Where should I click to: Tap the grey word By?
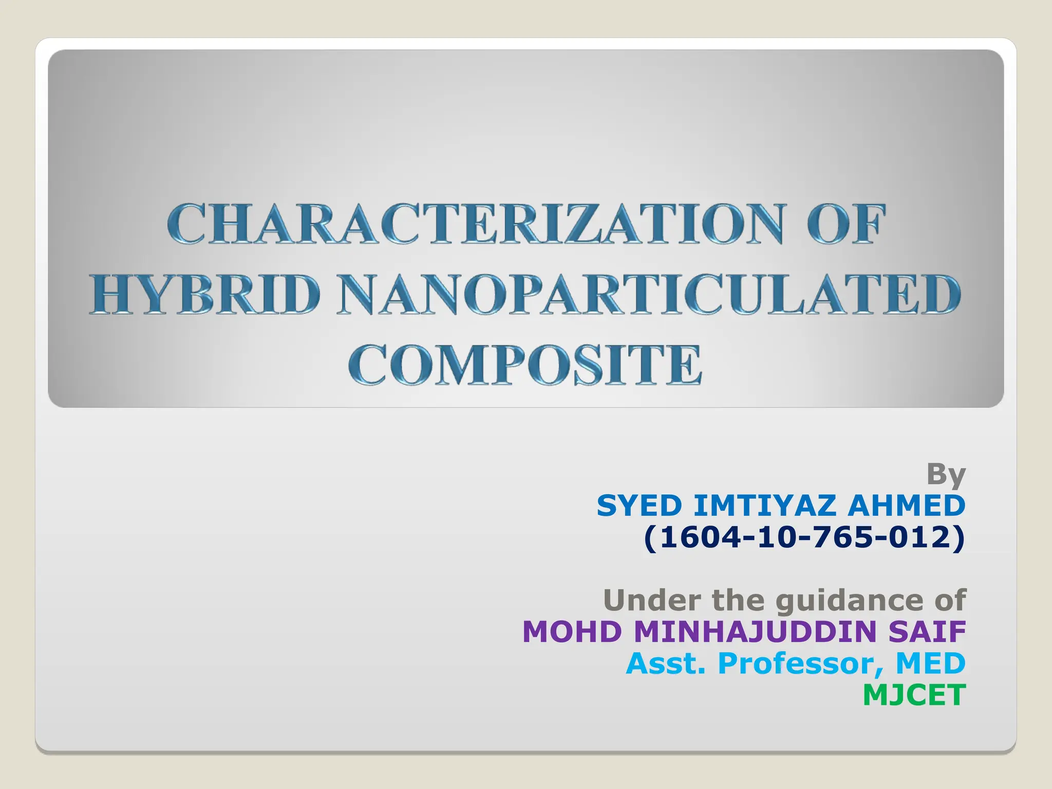click(946, 475)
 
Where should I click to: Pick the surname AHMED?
click(907, 506)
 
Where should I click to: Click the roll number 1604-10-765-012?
click(804, 538)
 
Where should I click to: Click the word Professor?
click(801, 663)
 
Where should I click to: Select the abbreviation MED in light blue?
click(931, 663)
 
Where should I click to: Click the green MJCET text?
click(914, 695)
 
